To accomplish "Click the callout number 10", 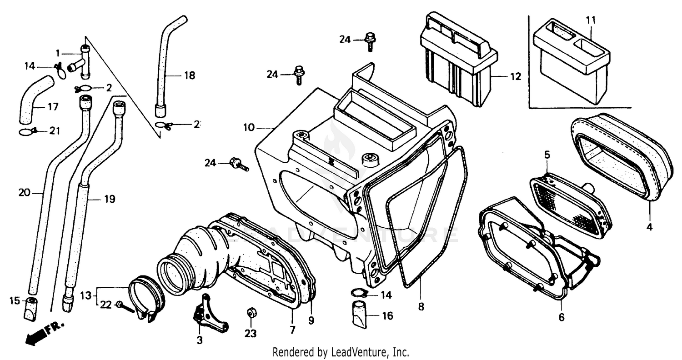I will [x=249, y=128].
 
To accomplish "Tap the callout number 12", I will [x=516, y=77].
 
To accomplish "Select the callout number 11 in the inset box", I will [x=591, y=20].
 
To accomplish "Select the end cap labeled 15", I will [x=31, y=309].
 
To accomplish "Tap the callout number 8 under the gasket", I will [x=421, y=307].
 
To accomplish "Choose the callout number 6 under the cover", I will [x=562, y=317].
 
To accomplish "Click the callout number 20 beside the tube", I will [x=24, y=193].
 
